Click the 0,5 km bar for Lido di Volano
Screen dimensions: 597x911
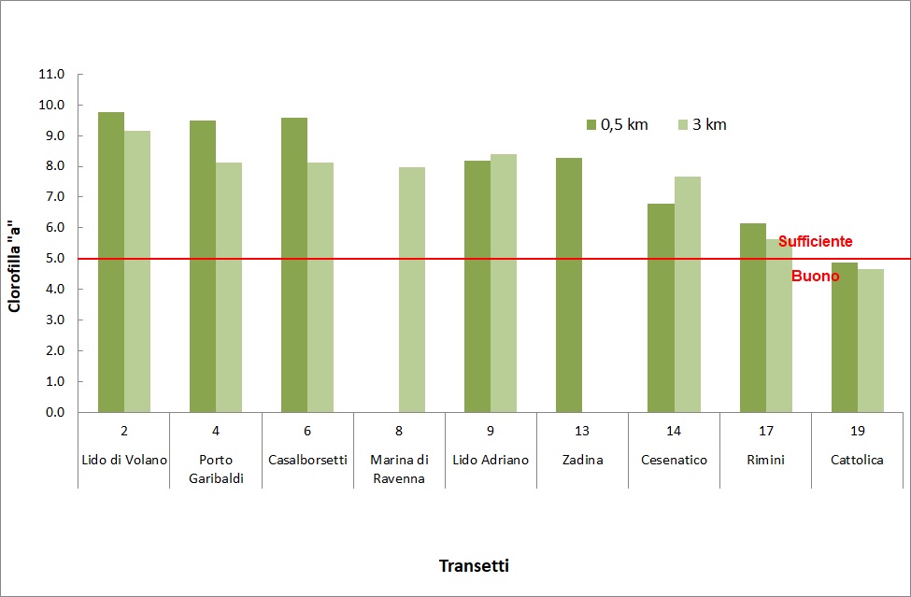tap(111, 262)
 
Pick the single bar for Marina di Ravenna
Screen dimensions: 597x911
tap(412, 290)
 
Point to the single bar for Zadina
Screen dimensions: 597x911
tap(569, 285)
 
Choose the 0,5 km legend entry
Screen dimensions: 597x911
tap(617, 124)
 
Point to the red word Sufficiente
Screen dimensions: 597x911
tap(815, 241)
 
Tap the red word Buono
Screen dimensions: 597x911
tap(815, 277)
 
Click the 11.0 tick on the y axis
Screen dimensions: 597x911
tap(53, 75)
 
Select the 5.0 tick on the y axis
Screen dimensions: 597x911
tap(53, 259)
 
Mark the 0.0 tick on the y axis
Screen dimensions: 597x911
tap(53, 412)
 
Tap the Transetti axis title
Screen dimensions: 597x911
tap(475, 566)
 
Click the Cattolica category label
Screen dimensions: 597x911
tap(857, 460)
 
